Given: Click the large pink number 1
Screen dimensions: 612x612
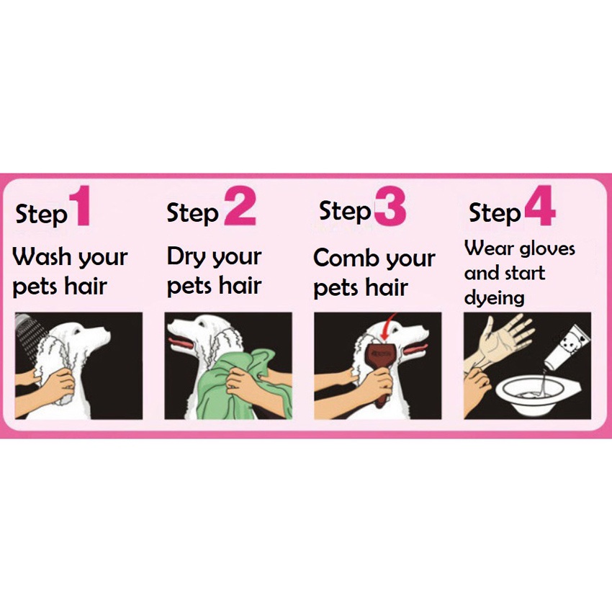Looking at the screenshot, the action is tap(81, 206).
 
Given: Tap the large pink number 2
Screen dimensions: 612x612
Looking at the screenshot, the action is tap(240, 206).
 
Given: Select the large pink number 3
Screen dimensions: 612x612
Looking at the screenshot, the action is tap(390, 206).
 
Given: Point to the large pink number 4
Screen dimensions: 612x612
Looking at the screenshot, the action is tap(540, 206).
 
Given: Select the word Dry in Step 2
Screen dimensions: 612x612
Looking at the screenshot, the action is tap(186, 258).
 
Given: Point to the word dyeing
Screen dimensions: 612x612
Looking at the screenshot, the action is tap(494, 298).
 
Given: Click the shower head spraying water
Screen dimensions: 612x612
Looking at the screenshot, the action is tap(22, 321).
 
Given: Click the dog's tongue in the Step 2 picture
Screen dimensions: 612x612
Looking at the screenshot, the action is tap(181, 343).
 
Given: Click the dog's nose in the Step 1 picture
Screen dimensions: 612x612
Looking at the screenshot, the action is tap(107, 335).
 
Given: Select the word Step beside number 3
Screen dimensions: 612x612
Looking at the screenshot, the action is tap(345, 212).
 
